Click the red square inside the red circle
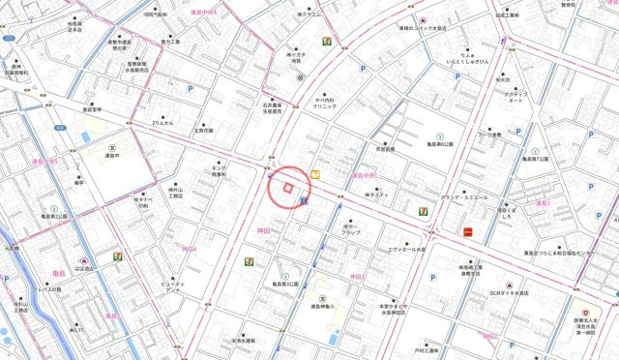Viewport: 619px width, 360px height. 287,188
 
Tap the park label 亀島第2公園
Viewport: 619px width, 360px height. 54,216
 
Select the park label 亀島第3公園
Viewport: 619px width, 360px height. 286,284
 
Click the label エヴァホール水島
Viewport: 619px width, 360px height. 406,249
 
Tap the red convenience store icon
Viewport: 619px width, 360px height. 468,231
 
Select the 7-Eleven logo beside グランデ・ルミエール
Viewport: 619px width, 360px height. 423,210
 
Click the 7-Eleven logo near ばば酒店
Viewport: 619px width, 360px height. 117,256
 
